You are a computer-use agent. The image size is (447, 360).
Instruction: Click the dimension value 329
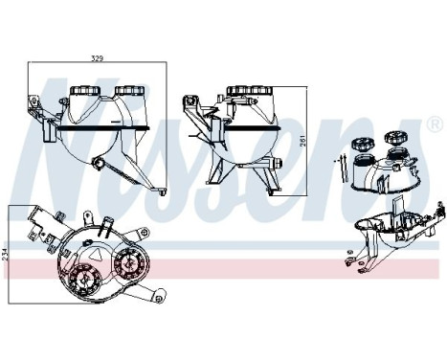pyautogui.click(x=97, y=58)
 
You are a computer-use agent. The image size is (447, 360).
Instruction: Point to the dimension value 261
pyautogui.click(x=303, y=141)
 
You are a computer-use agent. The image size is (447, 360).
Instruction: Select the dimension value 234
pyautogui.click(x=4, y=255)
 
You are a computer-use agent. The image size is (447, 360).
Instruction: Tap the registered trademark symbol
pyautogui.click(x=435, y=124)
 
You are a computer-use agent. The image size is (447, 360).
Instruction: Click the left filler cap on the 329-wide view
pyautogui.click(x=85, y=90)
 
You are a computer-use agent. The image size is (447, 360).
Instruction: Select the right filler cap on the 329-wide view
pyautogui.click(x=129, y=90)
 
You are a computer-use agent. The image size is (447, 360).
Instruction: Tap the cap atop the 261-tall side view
pyautogui.click(x=250, y=91)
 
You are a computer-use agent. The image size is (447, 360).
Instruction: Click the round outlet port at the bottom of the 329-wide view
pyautogui.click(x=97, y=163)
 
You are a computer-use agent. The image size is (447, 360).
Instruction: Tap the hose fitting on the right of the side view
pyautogui.click(x=277, y=163)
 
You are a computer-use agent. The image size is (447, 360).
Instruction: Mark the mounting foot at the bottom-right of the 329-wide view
pyautogui.click(x=160, y=191)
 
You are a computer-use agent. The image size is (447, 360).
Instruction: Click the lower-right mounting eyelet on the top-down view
pyautogui.click(x=159, y=296)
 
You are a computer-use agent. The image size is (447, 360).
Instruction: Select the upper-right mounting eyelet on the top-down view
pyautogui.click(x=144, y=231)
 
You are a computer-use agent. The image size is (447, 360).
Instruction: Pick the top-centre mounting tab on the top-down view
pyautogui.click(x=87, y=219)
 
